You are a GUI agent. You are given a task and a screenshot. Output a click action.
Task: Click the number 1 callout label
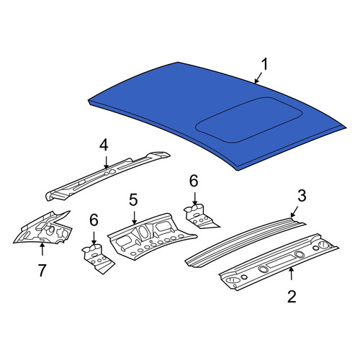point(264,65)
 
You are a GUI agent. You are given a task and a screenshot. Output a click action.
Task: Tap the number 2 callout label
point(292,297)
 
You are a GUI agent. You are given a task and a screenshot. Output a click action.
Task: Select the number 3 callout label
point(302,196)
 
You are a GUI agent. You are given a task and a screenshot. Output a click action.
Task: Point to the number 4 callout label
point(104,145)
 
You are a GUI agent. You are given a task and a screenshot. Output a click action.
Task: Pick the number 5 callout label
point(133,199)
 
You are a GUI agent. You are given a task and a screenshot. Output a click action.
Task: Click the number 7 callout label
point(42,270)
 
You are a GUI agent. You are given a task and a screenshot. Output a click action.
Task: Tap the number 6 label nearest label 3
point(194,181)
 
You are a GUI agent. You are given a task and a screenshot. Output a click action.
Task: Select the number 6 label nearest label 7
point(94,220)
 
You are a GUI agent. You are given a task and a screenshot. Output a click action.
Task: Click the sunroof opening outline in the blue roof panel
point(249,120)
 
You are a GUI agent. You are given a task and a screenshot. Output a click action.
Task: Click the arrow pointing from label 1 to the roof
point(258,78)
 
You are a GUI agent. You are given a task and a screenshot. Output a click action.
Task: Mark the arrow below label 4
point(106,162)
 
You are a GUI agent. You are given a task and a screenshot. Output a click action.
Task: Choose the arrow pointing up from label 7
point(42,249)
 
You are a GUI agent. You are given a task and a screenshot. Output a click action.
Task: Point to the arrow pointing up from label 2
point(292,274)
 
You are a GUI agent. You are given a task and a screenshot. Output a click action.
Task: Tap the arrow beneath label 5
point(134,218)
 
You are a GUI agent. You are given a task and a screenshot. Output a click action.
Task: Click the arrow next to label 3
point(294,212)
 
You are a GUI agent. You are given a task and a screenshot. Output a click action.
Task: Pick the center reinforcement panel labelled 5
point(151,236)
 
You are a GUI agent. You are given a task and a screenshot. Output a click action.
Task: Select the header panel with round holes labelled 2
point(279,261)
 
